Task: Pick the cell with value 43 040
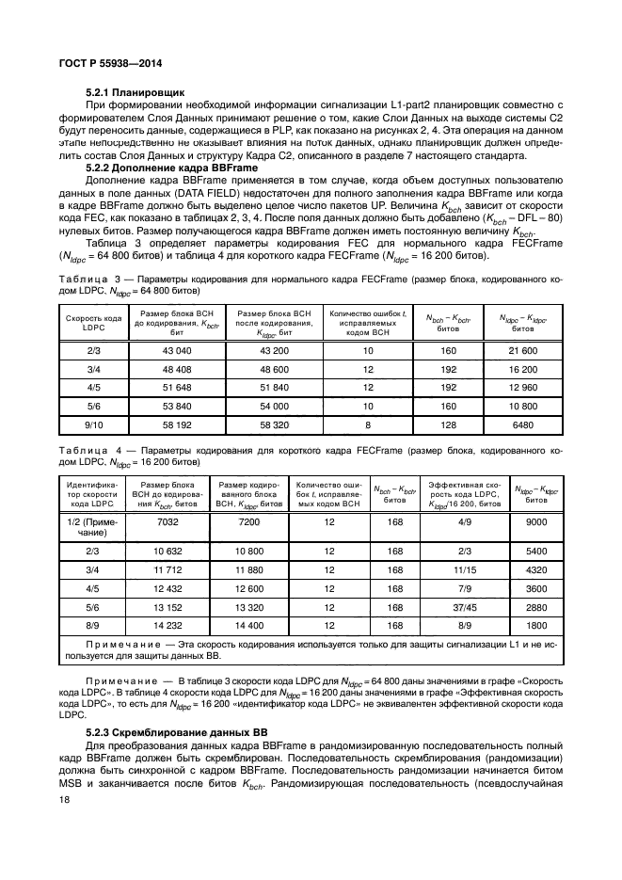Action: click(170, 349)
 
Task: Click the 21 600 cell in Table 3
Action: click(521, 349)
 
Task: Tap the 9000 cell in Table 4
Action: click(535, 521)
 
